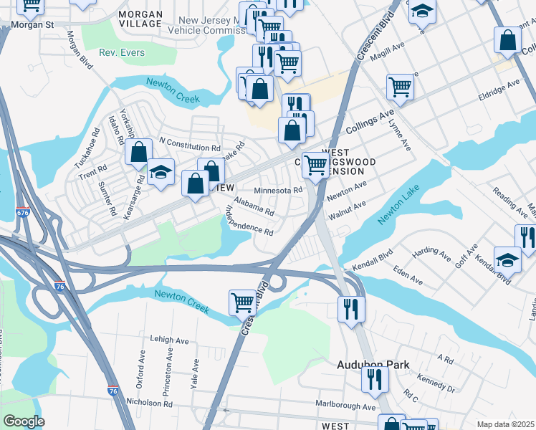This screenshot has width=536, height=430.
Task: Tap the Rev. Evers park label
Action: pyautogui.click(x=122, y=52)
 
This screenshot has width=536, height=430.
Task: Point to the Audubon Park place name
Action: pyautogui.click(x=373, y=365)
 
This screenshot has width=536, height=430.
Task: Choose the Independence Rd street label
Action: pyautogui.click(x=249, y=221)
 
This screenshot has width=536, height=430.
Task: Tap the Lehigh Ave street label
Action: pyautogui.click(x=169, y=340)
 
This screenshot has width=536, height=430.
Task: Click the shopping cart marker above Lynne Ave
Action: pyautogui.click(x=400, y=87)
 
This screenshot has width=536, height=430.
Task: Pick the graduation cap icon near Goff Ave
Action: pyautogui.click(x=508, y=259)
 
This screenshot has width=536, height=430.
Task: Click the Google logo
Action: pyautogui.click(x=24, y=421)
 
